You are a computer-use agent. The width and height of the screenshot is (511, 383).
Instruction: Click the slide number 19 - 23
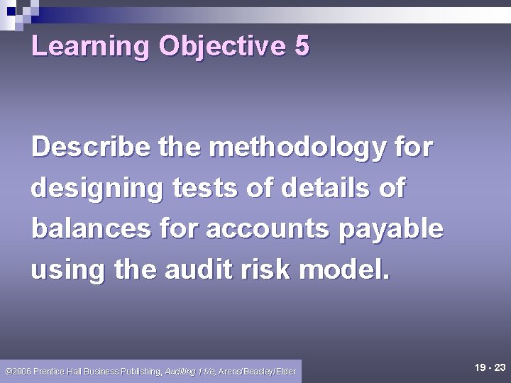[490, 367]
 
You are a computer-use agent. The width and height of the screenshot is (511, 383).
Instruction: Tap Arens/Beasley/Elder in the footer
[258, 372]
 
